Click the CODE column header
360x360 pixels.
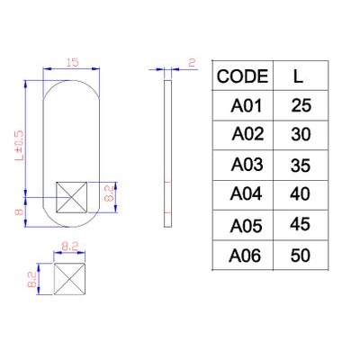tap(242, 76)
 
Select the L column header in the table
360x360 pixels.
tap(298, 76)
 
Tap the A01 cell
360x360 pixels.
tap(246, 106)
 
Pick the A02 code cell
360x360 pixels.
tap(247, 134)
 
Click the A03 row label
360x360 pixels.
tap(247, 165)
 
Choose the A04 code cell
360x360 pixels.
tap(246, 193)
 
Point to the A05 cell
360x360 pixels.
tap(246, 226)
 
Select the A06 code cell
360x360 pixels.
tap(245, 256)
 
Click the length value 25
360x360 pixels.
tap(301, 106)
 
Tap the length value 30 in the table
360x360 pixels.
tap(301, 135)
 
